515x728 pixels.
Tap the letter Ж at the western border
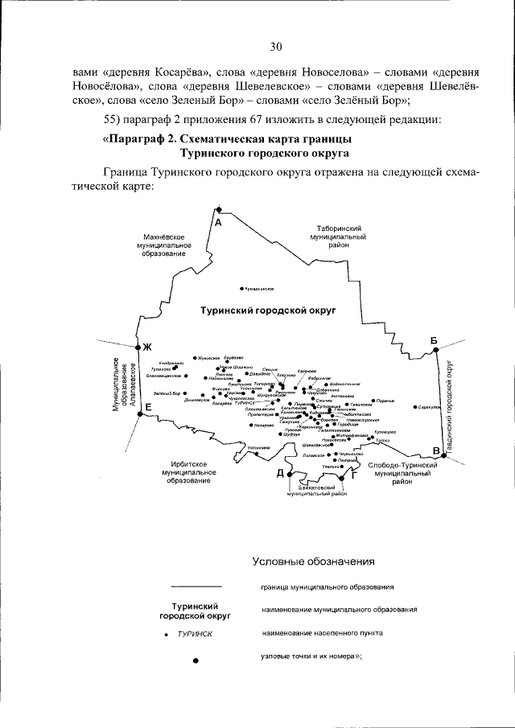147,348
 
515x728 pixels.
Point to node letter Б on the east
434,342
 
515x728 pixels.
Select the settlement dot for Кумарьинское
242,288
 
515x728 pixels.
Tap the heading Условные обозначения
313,561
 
